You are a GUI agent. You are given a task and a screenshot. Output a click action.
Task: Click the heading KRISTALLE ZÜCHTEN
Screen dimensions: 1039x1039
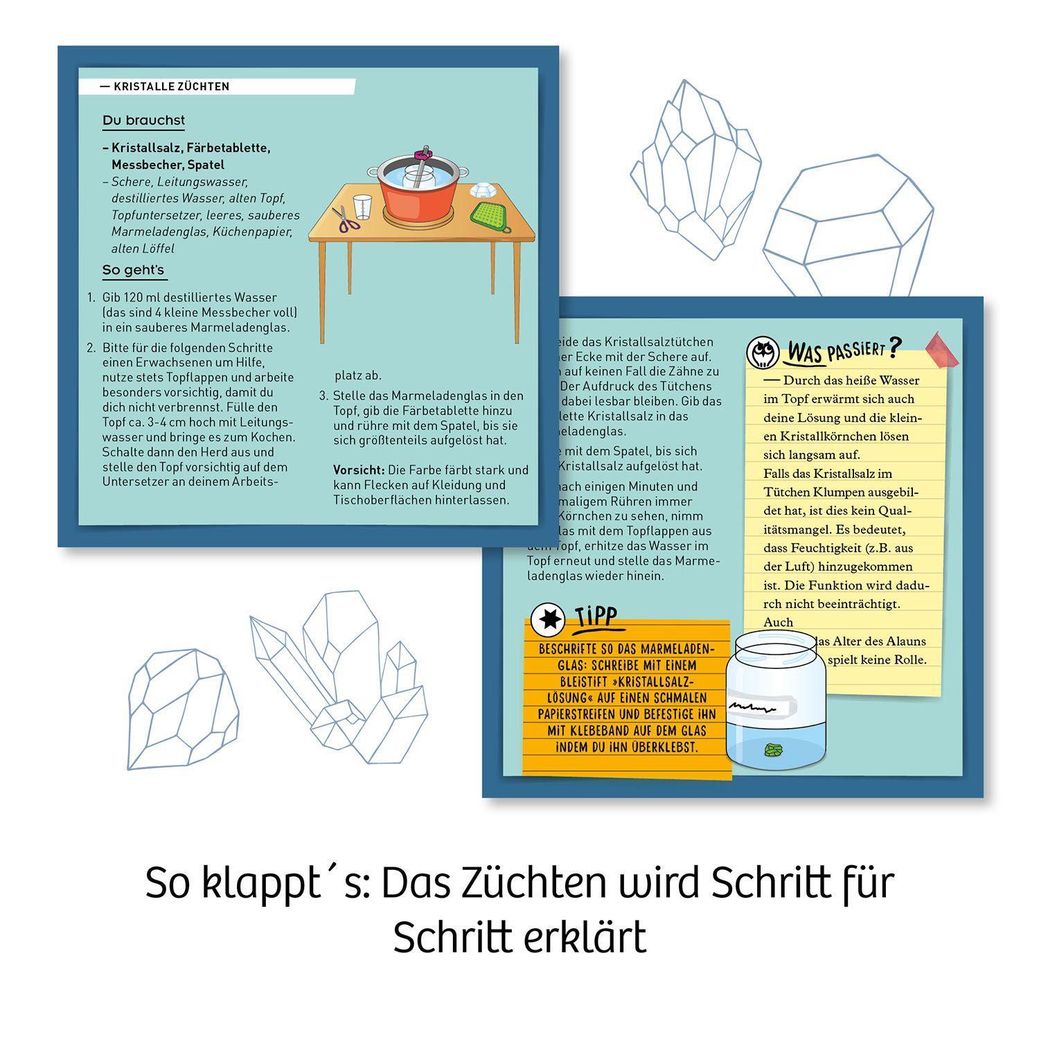[x=171, y=87]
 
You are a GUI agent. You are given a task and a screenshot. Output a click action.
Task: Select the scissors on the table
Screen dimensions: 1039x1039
[x=345, y=220]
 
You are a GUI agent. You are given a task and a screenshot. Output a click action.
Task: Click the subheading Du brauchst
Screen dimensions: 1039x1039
[x=143, y=121]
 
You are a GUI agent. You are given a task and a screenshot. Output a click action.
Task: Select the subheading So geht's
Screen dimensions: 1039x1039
[x=133, y=270]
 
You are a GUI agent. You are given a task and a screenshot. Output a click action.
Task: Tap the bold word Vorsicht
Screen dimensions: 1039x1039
[x=359, y=470]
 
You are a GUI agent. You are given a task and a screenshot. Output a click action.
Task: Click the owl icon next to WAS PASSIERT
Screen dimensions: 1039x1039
[x=762, y=353]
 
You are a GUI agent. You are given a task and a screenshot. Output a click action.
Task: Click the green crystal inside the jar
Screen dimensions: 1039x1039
[x=772, y=749]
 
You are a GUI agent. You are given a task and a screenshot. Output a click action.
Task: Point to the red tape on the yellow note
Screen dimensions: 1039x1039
[x=942, y=349]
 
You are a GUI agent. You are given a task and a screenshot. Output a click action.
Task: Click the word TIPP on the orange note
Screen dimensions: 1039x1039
[x=596, y=616]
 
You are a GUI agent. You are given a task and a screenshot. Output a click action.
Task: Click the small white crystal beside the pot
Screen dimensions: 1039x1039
[x=482, y=188]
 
